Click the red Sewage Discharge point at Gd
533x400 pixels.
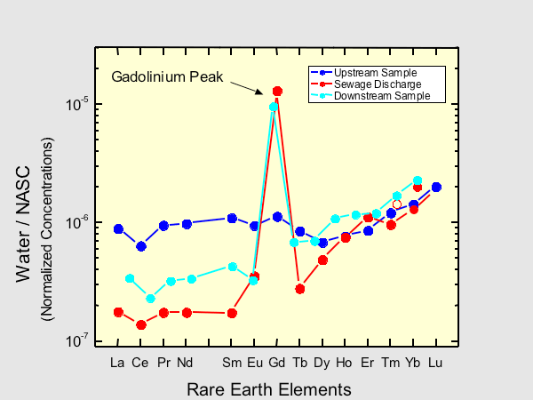[x=277, y=91]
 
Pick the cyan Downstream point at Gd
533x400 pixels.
[x=274, y=107]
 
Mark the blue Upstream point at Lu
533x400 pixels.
[x=436, y=187]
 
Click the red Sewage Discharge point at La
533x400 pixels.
[x=118, y=312]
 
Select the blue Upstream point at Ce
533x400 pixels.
[x=140, y=246]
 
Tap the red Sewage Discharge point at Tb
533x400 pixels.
[x=300, y=289]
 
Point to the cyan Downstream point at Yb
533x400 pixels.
[x=418, y=180]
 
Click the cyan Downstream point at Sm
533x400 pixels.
[x=233, y=267]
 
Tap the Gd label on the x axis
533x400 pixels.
[x=276, y=363]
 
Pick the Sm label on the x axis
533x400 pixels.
[x=232, y=363]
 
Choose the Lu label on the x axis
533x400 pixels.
[x=435, y=363]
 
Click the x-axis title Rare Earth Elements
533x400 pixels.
[x=268, y=389]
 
